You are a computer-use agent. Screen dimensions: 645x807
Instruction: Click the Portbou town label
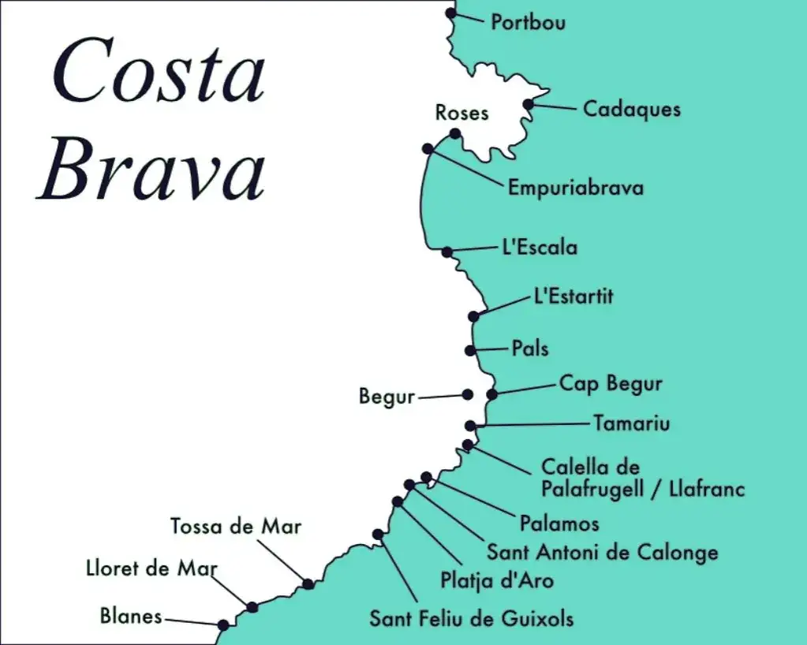pyautogui.click(x=528, y=22)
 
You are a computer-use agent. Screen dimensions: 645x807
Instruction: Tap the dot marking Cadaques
pyautogui.click(x=529, y=103)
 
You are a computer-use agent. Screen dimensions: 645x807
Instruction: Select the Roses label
pyautogui.click(x=461, y=113)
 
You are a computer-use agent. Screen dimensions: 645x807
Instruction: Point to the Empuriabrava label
pyautogui.click(x=575, y=188)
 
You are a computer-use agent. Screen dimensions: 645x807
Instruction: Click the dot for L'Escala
pyautogui.click(x=446, y=252)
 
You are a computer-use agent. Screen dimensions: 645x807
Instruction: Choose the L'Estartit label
pyautogui.click(x=573, y=296)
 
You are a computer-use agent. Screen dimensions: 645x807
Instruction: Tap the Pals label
pyautogui.click(x=529, y=348)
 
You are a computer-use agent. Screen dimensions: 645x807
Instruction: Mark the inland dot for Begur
pyautogui.click(x=467, y=394)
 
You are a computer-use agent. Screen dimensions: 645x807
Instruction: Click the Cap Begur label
pyautogui.click(x=611, y=384)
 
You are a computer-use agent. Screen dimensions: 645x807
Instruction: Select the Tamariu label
pyautogui.click(x=632, y=423)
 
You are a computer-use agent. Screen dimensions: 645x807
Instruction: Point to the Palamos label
pyautogui.click(x=559, y=523)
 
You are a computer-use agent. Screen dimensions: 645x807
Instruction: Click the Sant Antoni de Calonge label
pyautogui.click(x=602, y=552)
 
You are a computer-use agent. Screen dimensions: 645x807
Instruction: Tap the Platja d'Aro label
pyautogui.click(x=497, y=580)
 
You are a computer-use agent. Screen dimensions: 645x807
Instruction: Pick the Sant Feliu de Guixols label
pyautogui.click(x=471, y=617)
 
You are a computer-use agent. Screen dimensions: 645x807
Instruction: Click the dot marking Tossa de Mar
pyautogui.click(x=308, y=584)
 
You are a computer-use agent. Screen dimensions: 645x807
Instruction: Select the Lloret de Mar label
pyautogui.click(x=151, y=568)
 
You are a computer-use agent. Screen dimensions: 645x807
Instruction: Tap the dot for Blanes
pyautogui.click(x=223, y=625)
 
